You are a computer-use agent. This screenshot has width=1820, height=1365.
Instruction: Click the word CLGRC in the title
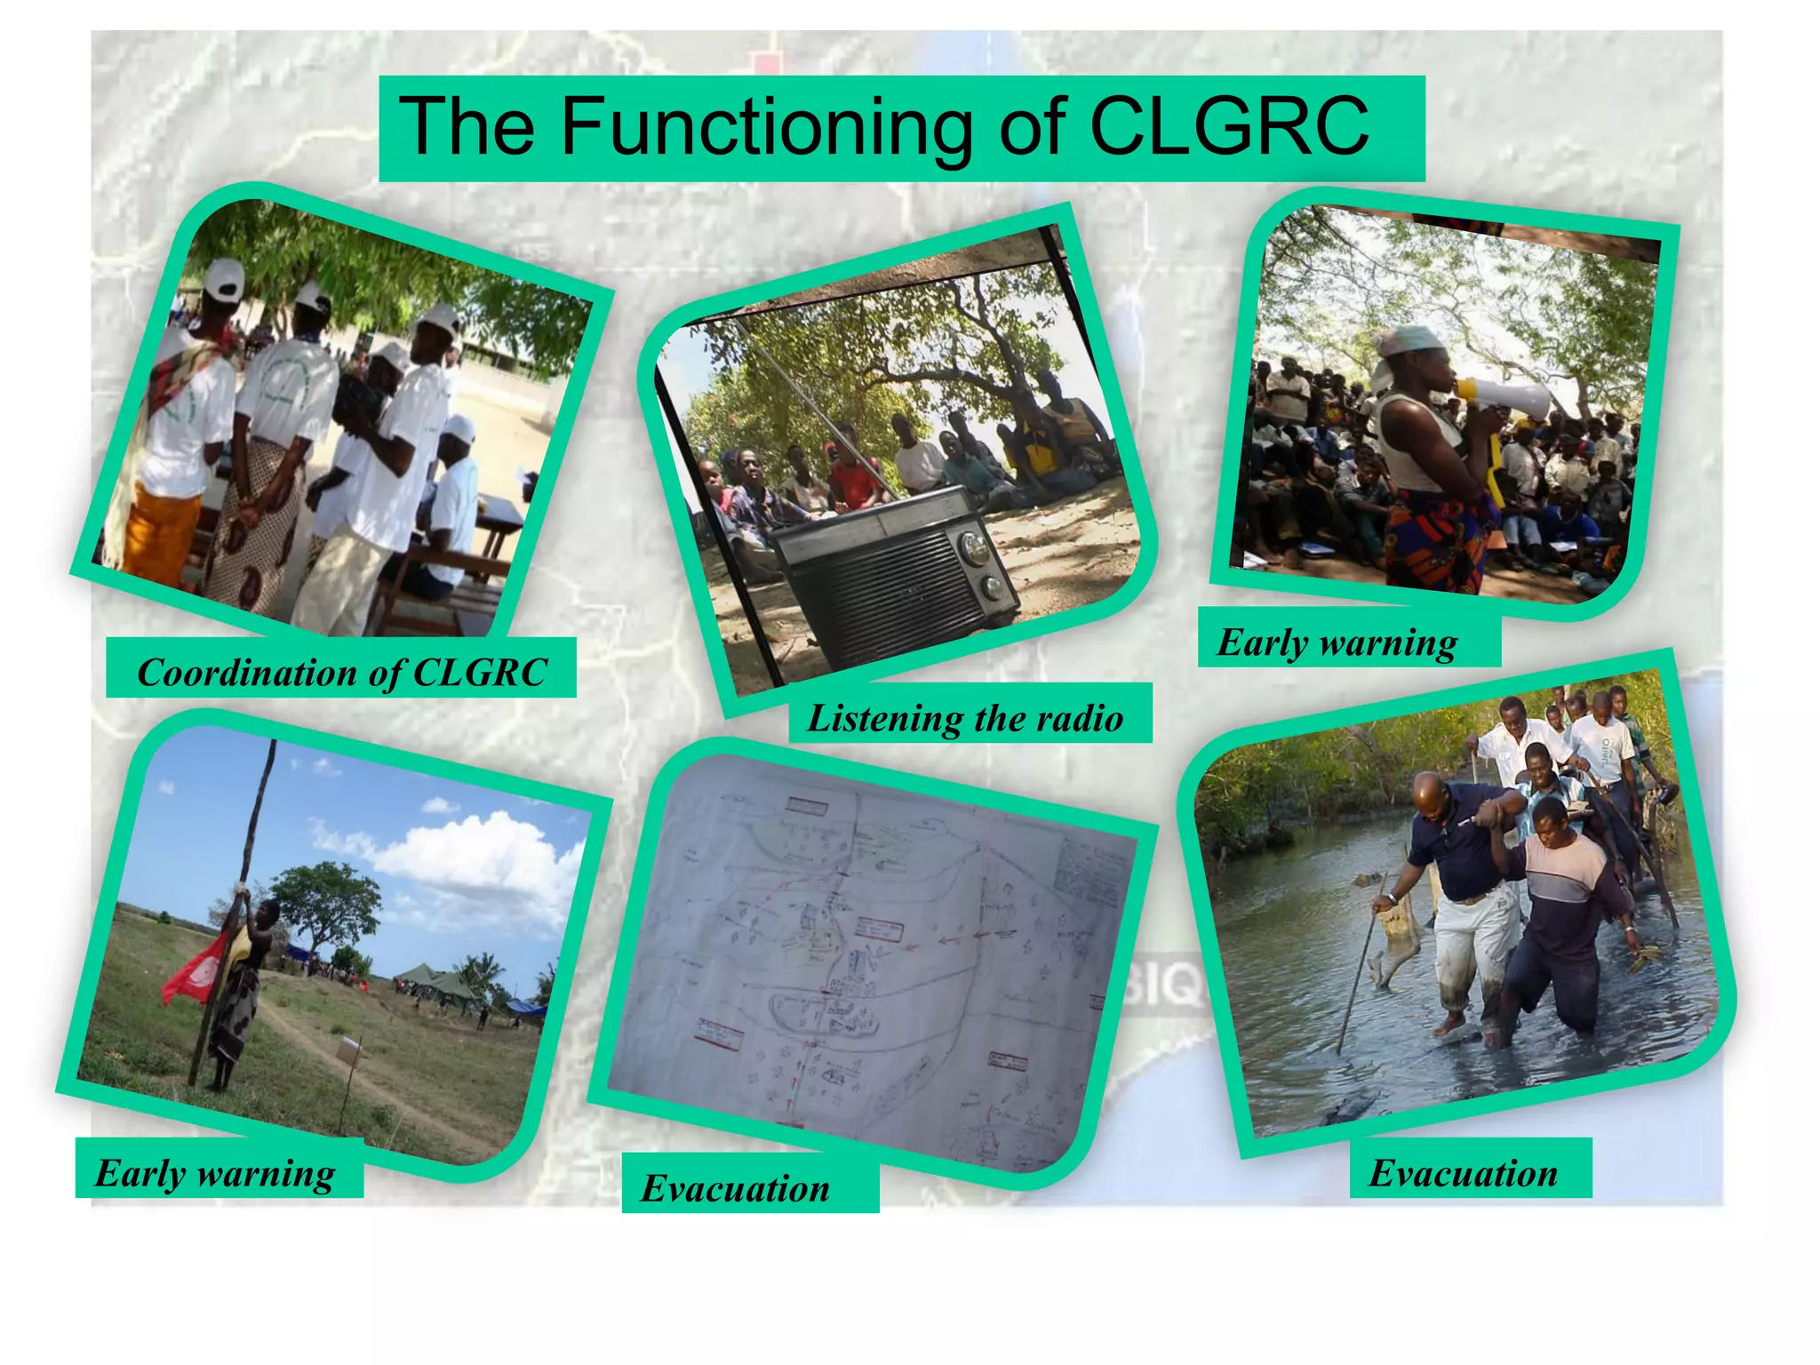[x=1228, y=126]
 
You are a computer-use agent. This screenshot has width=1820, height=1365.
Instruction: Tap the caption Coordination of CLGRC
[x=341, y=672]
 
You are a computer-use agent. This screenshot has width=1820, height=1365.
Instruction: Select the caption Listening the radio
[x=966, y=717]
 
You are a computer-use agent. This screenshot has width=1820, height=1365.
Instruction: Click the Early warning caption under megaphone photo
[x=1337, y=642]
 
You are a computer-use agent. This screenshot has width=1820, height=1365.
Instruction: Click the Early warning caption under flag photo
[x=215, y=1172]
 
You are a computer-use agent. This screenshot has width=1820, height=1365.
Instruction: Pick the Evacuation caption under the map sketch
[x=736, y=1188]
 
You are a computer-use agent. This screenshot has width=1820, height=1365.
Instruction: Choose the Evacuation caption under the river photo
[x=1463, y=1172]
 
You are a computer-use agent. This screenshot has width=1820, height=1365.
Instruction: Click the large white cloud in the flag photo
[x=480, y=853]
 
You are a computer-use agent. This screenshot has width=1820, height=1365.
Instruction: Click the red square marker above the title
[x=765, y=63]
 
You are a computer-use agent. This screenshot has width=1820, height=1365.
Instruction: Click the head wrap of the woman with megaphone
[x=1409, y=342]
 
